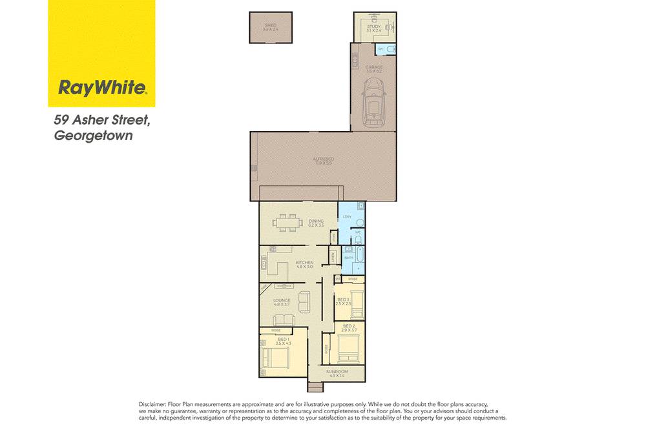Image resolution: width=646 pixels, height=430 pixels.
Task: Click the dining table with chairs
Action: click(287, 225)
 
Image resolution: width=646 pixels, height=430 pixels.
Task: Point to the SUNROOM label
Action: click(337, 373)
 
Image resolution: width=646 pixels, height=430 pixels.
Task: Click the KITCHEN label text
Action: click(304, 263)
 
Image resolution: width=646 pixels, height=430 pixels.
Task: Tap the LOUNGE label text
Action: click(282, 300)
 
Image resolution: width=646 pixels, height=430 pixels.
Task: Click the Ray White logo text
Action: click(101, 87)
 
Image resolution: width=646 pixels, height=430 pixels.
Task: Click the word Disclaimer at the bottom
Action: click(152, 404)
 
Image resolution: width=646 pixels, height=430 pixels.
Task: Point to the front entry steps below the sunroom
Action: click(315, 387)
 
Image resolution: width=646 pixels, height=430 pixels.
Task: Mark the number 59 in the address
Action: click(61, 120)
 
